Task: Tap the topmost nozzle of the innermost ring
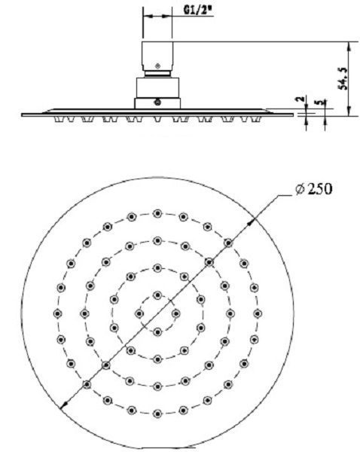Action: (157, 295)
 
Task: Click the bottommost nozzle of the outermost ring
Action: (157, 414)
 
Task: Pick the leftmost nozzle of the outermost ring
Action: (57, 313)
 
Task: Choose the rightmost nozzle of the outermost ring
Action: (258, 313)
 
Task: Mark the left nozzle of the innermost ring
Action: (139, 313)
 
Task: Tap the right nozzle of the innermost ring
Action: (176, 313)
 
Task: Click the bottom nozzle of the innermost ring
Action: (157, 331)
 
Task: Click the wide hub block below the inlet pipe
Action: (157, 92)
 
